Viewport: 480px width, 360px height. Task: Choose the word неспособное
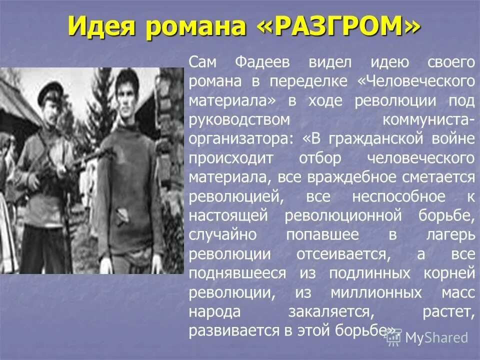click(x=398, y=197)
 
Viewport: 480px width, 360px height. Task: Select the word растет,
click(x=447, y=311)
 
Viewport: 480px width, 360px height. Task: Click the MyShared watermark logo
click(x=426, y=337)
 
